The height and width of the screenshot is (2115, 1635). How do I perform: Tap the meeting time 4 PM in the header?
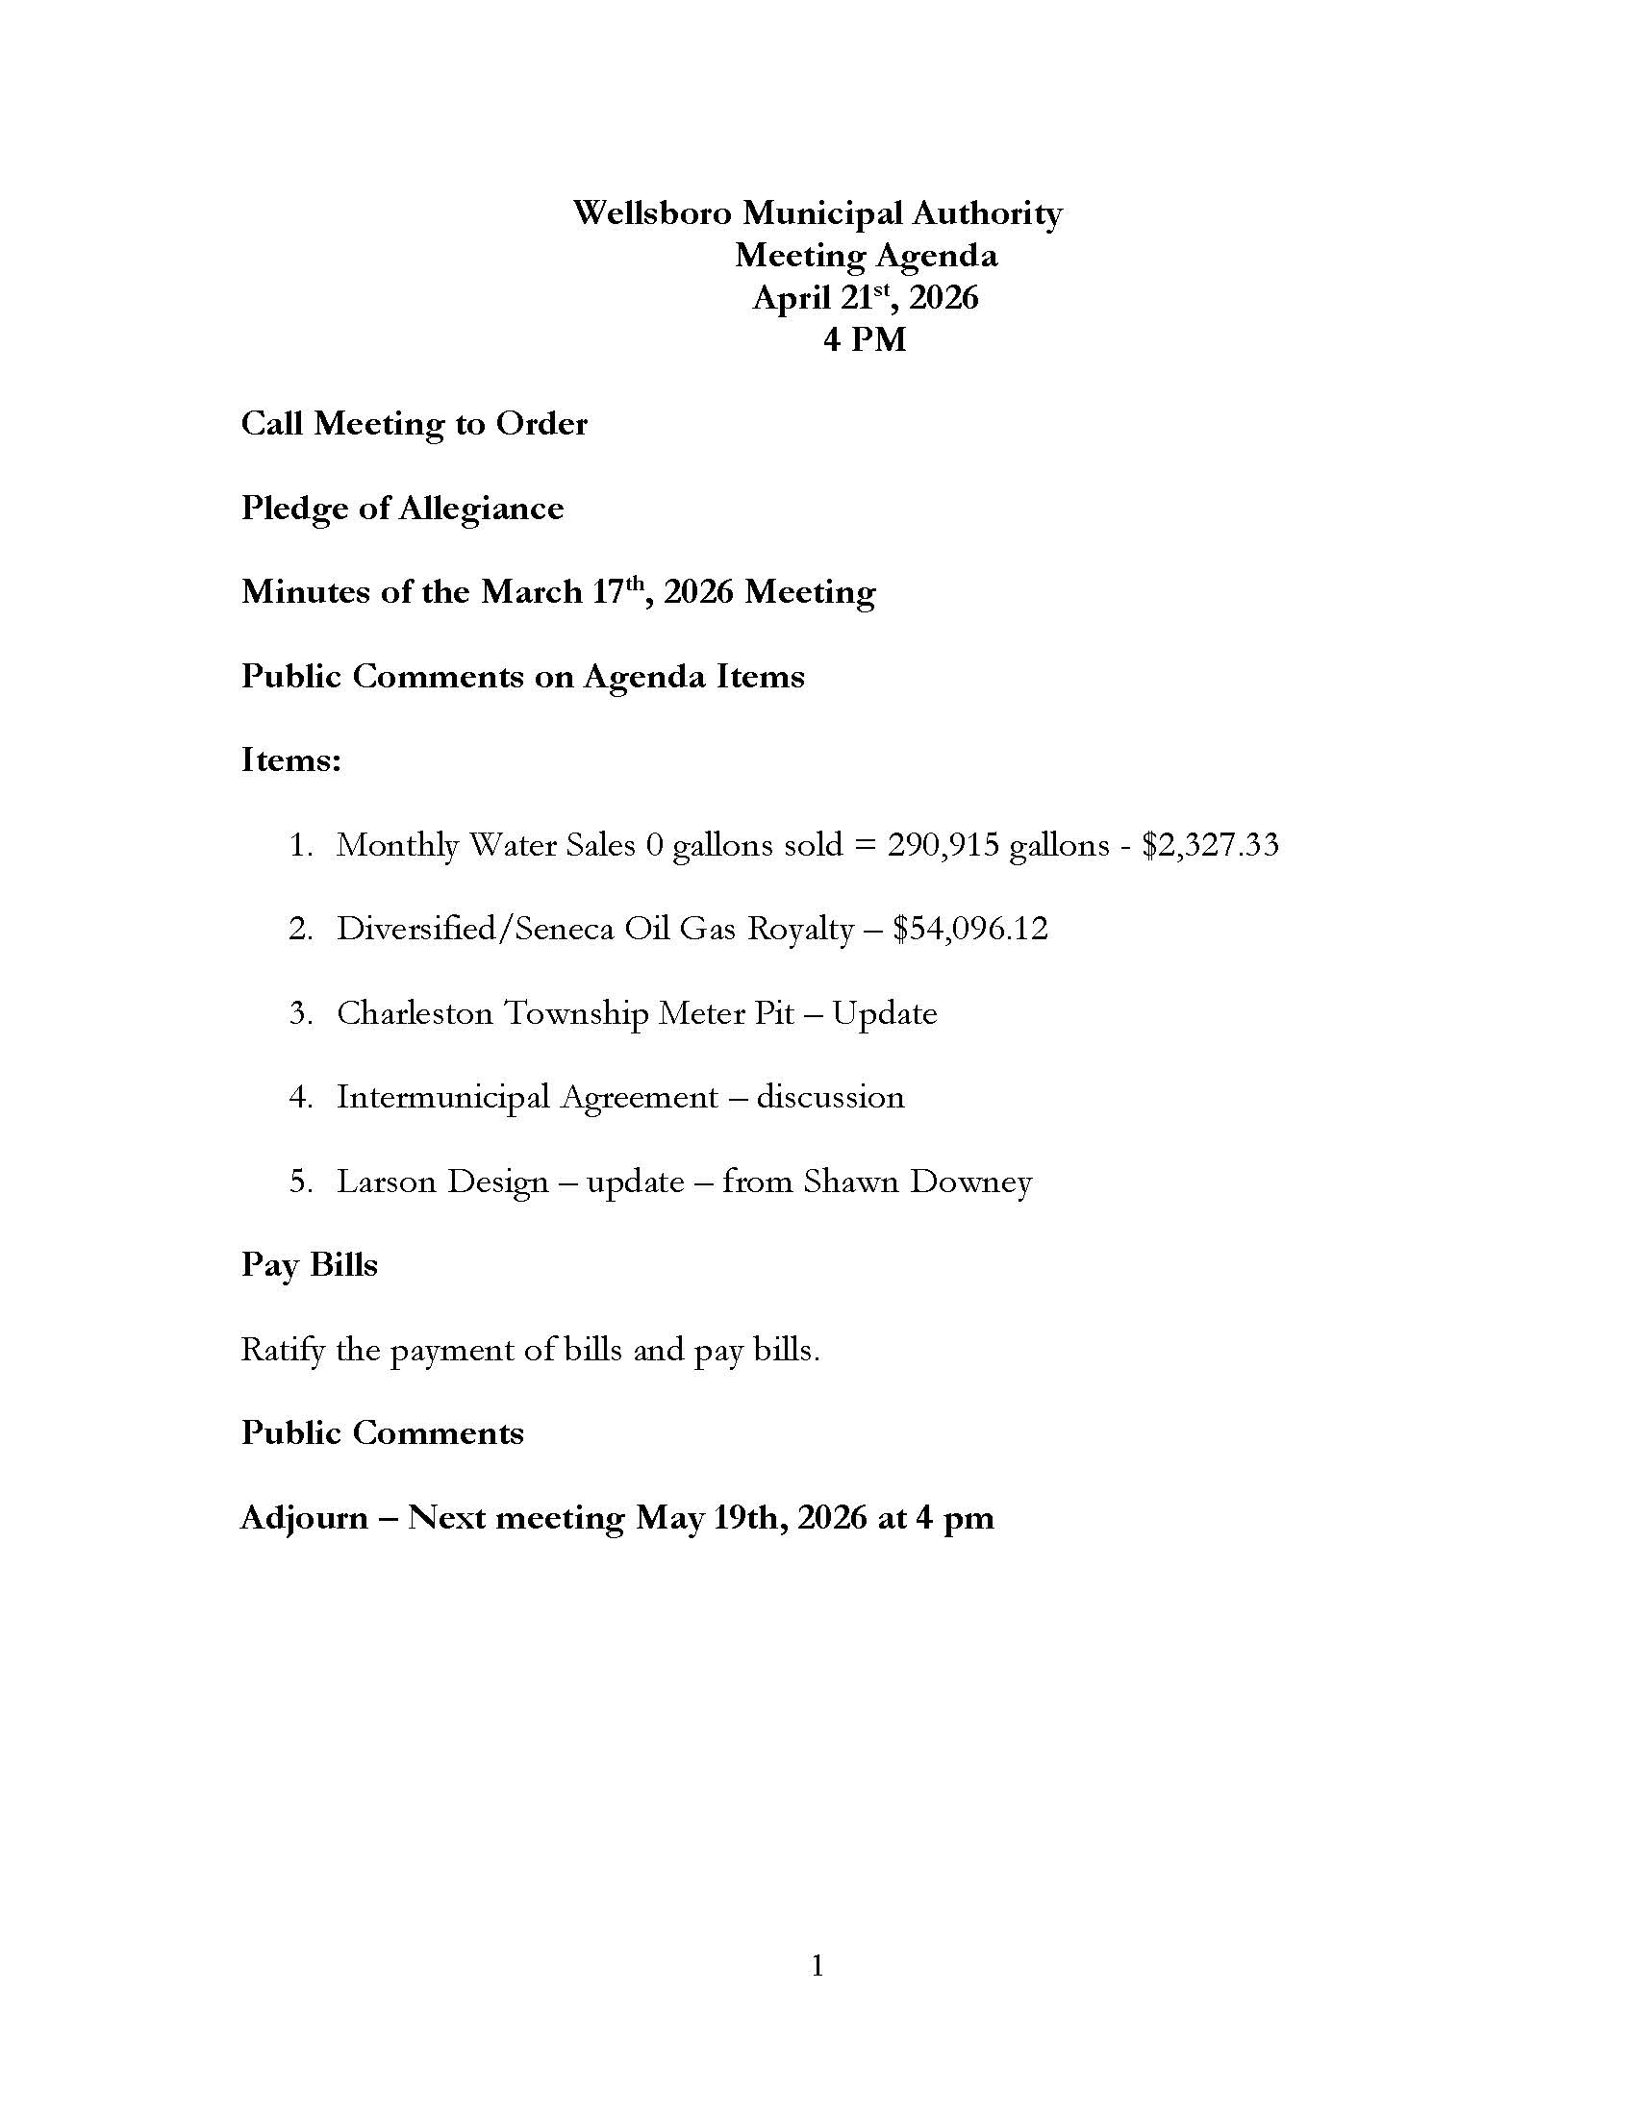pos(865,340)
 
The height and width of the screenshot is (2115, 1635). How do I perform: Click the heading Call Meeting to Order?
pos(414,424)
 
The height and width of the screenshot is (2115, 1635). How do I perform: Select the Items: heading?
pos(290,760)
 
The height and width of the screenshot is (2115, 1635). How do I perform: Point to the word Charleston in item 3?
pos(415,1014)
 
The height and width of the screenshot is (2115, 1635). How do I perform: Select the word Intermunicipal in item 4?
pos(442,1097)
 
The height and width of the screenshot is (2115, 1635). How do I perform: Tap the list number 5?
pos(299,1182)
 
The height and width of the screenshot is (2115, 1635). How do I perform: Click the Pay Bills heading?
pos(309,1266)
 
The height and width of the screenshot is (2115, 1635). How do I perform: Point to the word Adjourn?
pos(304,1518)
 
